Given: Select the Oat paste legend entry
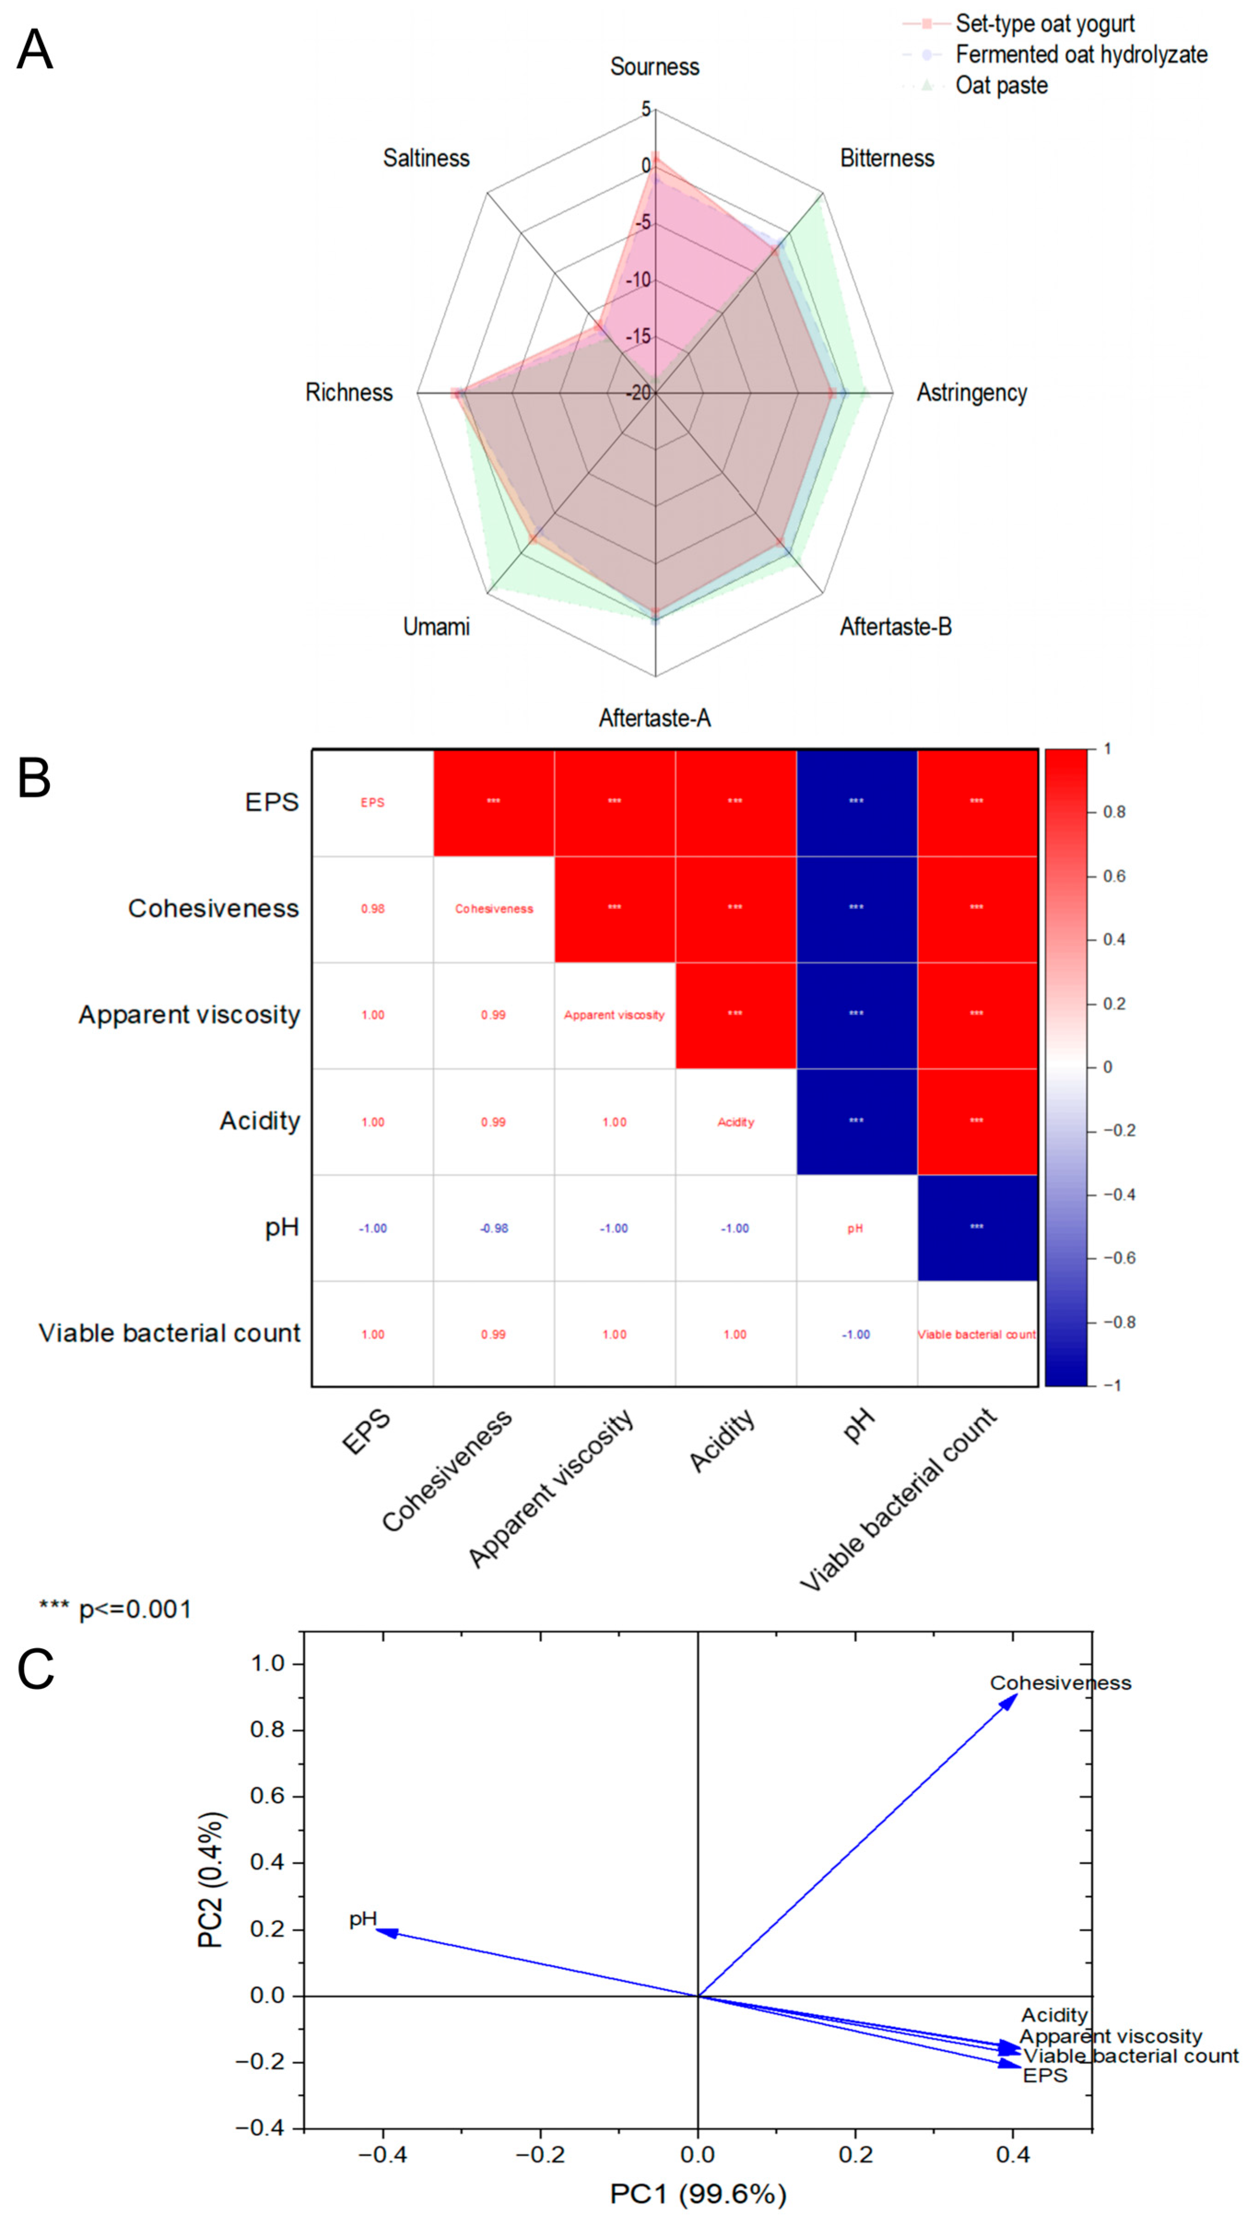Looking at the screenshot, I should coord(1001,86).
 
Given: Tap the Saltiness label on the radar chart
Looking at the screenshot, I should coord(427,158).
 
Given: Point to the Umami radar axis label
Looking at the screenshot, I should coord(437,627).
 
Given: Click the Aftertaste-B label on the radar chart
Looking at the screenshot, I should coord(896,627).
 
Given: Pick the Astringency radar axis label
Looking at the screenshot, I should coord(971,393).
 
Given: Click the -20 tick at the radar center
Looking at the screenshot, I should coord(638,393).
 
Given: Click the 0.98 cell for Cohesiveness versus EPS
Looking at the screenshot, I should coord(372,908).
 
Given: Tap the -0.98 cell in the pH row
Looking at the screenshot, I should coord(494,1228).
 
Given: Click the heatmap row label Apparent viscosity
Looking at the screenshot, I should coord(189,1015).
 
